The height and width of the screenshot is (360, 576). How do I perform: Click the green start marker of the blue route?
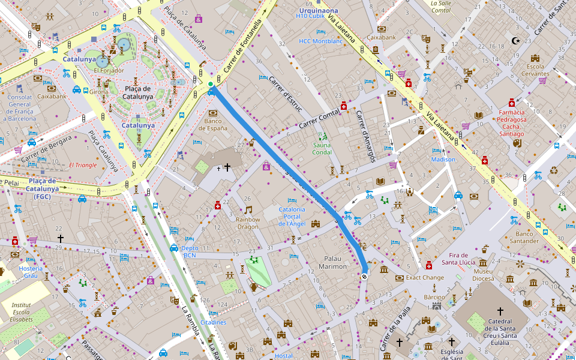[211, 84]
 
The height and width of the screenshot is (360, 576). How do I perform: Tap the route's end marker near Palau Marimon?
[364, 276]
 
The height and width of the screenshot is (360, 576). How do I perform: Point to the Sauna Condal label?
[322, 148]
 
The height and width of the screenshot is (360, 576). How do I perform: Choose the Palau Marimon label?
[332, 262]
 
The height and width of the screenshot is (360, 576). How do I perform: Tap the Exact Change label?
[425, 278]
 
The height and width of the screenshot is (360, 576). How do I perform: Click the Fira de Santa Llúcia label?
[459, 258]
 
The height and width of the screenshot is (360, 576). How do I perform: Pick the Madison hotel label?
[443, 160]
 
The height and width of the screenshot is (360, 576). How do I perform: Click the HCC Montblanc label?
[320, 41]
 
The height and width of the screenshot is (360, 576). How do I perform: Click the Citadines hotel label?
[214, 322]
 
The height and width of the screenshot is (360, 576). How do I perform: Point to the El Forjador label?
[109, 70]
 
